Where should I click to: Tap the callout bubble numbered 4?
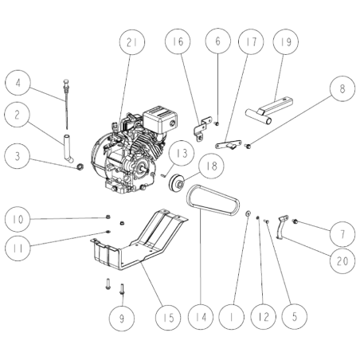point(20,82)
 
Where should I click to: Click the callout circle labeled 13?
point(181,151)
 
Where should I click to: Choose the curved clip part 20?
point(281,232)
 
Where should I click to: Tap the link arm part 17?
point(227,144)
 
